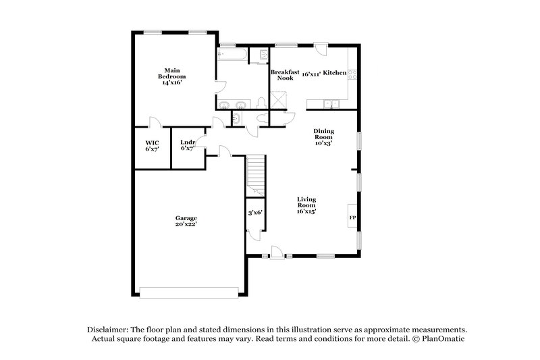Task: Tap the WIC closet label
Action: tap(151, 145)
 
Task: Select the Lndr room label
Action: tap(187, 145)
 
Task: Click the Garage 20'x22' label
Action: tap(186, 222)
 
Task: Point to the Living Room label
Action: tap(306, 205)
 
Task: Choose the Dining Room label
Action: tap(323, 137)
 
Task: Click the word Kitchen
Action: tap(335, 72)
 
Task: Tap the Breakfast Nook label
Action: tap(281, 75)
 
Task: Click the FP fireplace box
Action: tap(352, 218)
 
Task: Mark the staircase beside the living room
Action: tap(256, 175)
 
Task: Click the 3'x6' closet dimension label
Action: tap(256, 213)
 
